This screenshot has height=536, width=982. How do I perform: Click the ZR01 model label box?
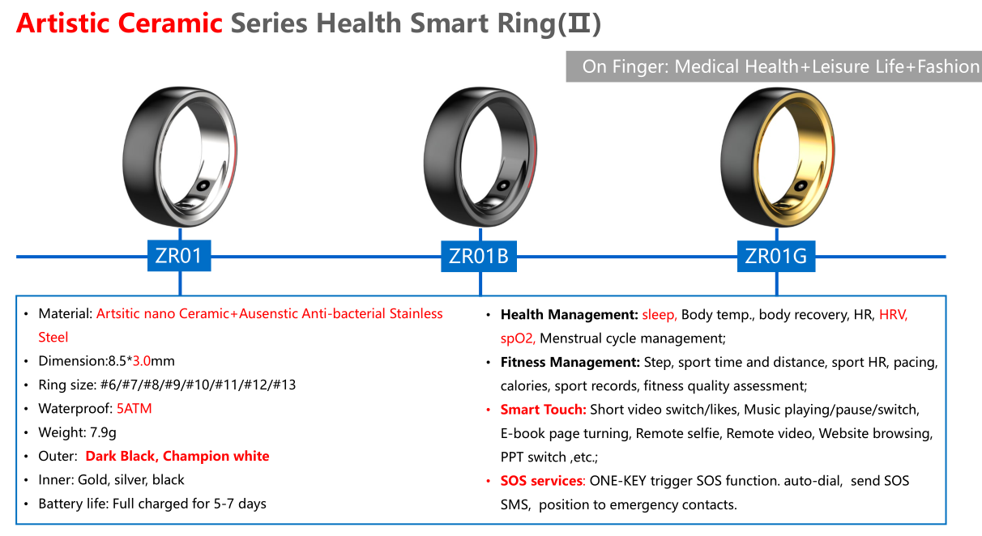point(178,257)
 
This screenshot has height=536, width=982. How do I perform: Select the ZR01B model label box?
point(478,257)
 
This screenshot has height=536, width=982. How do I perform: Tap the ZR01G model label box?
point(775,257)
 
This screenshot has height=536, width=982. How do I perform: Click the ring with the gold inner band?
point(776,157)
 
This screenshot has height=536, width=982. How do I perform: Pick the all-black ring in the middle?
point(480,157)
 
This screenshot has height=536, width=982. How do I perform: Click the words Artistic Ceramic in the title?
point(119,23)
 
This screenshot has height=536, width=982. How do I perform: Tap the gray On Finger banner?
point(773,66)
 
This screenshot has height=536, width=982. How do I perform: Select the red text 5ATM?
point(134,408)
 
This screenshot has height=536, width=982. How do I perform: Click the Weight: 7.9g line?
point(79,432)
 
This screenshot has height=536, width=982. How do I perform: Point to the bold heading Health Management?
point(569,314)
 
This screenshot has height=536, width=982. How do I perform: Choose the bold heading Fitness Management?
point(570,362)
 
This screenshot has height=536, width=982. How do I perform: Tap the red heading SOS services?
point(542,481)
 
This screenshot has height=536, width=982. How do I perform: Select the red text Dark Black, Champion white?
point(177,456)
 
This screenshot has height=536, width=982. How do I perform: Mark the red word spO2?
point(517,338)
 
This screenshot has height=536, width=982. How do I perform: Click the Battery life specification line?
point(152,504)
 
